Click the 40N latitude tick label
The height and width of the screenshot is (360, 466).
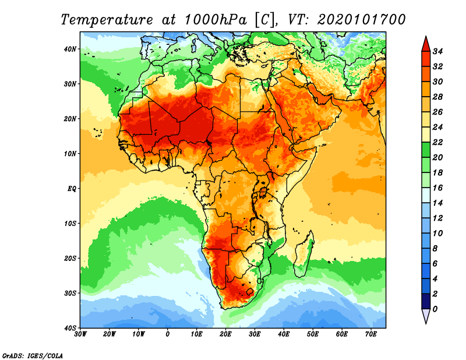point(70,49)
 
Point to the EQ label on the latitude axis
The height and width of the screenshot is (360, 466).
point(72,189)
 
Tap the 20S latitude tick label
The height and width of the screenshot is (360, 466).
point(70,258)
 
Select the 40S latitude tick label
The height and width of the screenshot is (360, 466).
point(70,328)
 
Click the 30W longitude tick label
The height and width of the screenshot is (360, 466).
point(80,334)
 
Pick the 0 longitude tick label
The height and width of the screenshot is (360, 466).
point(168,334)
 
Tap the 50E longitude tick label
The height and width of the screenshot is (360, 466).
point(313,334)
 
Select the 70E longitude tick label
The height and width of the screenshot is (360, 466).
point(371,334)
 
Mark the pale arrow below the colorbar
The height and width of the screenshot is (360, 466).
point(426,316)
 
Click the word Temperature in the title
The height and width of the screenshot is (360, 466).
point(105,19)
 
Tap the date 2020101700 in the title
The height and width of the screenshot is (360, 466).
point(361,19)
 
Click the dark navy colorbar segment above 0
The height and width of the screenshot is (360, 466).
point(426,301)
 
